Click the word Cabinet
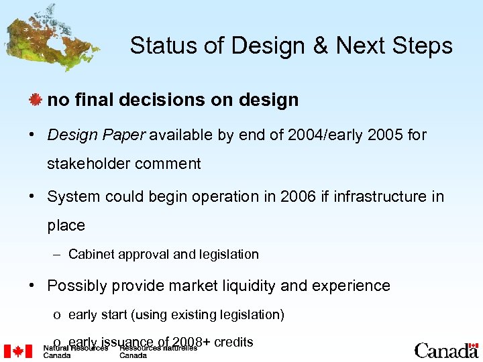(x=91, y=255)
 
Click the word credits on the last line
(x=233, y=343)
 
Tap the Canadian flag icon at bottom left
(x=18, y=351)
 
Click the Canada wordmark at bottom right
(x=446, y=350)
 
